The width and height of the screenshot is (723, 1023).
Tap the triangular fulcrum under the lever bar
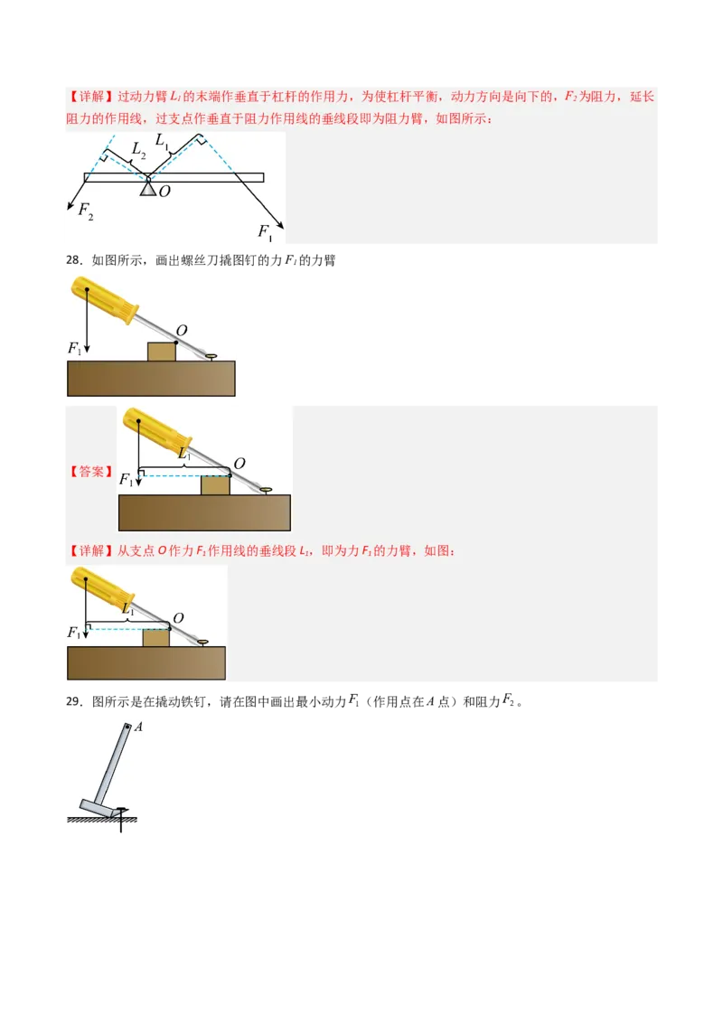[x=148, y=188]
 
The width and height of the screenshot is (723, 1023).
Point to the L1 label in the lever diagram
[x=163, y=140]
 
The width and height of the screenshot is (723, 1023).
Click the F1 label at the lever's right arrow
[x=265, y=232]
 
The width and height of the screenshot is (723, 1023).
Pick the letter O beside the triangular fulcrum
[x=164, y=191]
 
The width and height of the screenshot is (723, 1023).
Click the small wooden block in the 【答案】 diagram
[x=214, y=485]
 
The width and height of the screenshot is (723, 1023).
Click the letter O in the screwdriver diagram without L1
[x=182, y=332]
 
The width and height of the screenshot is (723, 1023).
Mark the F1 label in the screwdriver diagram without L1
[x=75, y=347]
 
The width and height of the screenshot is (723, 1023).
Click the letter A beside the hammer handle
[x=139, y=727]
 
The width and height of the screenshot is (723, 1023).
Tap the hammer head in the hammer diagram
[x=98, y=807]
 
